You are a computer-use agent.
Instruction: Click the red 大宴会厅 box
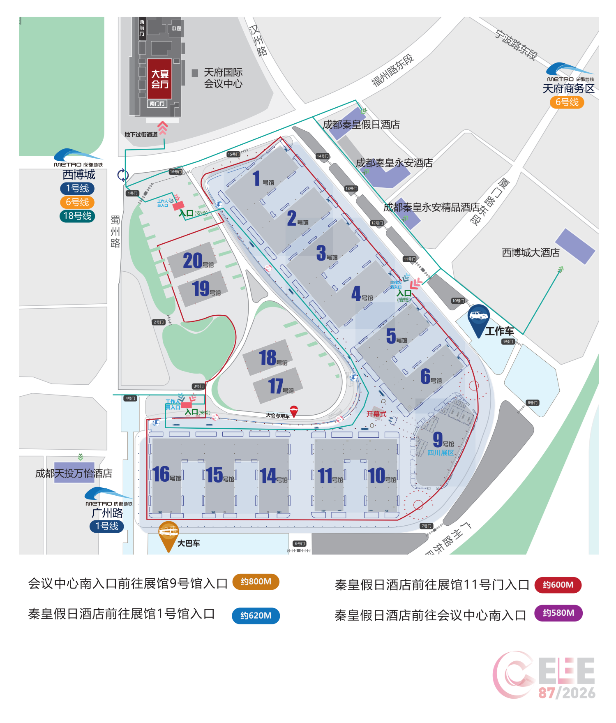[x=160, y=79]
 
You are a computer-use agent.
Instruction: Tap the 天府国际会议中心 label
[x=223, y=78]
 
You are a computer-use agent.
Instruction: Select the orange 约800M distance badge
[x=256, y=582]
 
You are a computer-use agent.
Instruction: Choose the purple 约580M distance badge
[x=558, y=613]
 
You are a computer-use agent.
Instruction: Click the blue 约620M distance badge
[x=256, y=615]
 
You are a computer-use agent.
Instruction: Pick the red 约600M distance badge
[x=558, y=584]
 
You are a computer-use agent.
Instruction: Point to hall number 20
[x=193, y=261]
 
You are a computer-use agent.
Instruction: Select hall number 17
[x=276, y=386]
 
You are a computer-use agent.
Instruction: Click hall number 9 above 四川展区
[x=438, y=439]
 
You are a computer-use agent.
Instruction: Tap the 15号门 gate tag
[x=233, y=154]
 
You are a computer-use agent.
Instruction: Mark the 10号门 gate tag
[x=458, y=301]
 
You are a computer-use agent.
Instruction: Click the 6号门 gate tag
[x=300, y=543]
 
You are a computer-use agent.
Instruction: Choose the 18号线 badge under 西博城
[x=77, y=216]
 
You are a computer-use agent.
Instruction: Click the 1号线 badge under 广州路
[x=107, y=526]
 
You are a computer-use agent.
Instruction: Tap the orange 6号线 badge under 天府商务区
[x=567, y=102]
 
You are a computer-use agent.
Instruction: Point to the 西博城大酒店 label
[x=531, y=252]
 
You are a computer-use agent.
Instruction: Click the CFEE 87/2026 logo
[x=544, y=675]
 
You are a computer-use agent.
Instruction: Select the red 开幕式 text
[x=376, y=414]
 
